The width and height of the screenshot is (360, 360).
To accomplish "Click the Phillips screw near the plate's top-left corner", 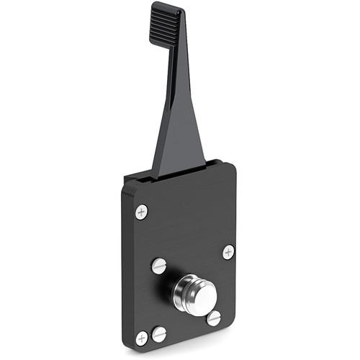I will [x=142, y=212].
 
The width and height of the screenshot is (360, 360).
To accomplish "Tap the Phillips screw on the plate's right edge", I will [x=228, y=252].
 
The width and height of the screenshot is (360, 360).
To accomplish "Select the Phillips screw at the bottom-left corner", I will [x=142, y=337].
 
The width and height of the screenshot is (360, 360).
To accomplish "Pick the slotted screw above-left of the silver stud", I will [x=159, y=265].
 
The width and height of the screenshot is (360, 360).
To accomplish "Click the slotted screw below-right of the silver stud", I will [x=214, y=317].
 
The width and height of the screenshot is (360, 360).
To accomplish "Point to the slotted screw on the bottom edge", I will [x=159, y=334].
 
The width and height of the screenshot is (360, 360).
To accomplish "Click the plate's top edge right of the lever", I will [x=220, y=164].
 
